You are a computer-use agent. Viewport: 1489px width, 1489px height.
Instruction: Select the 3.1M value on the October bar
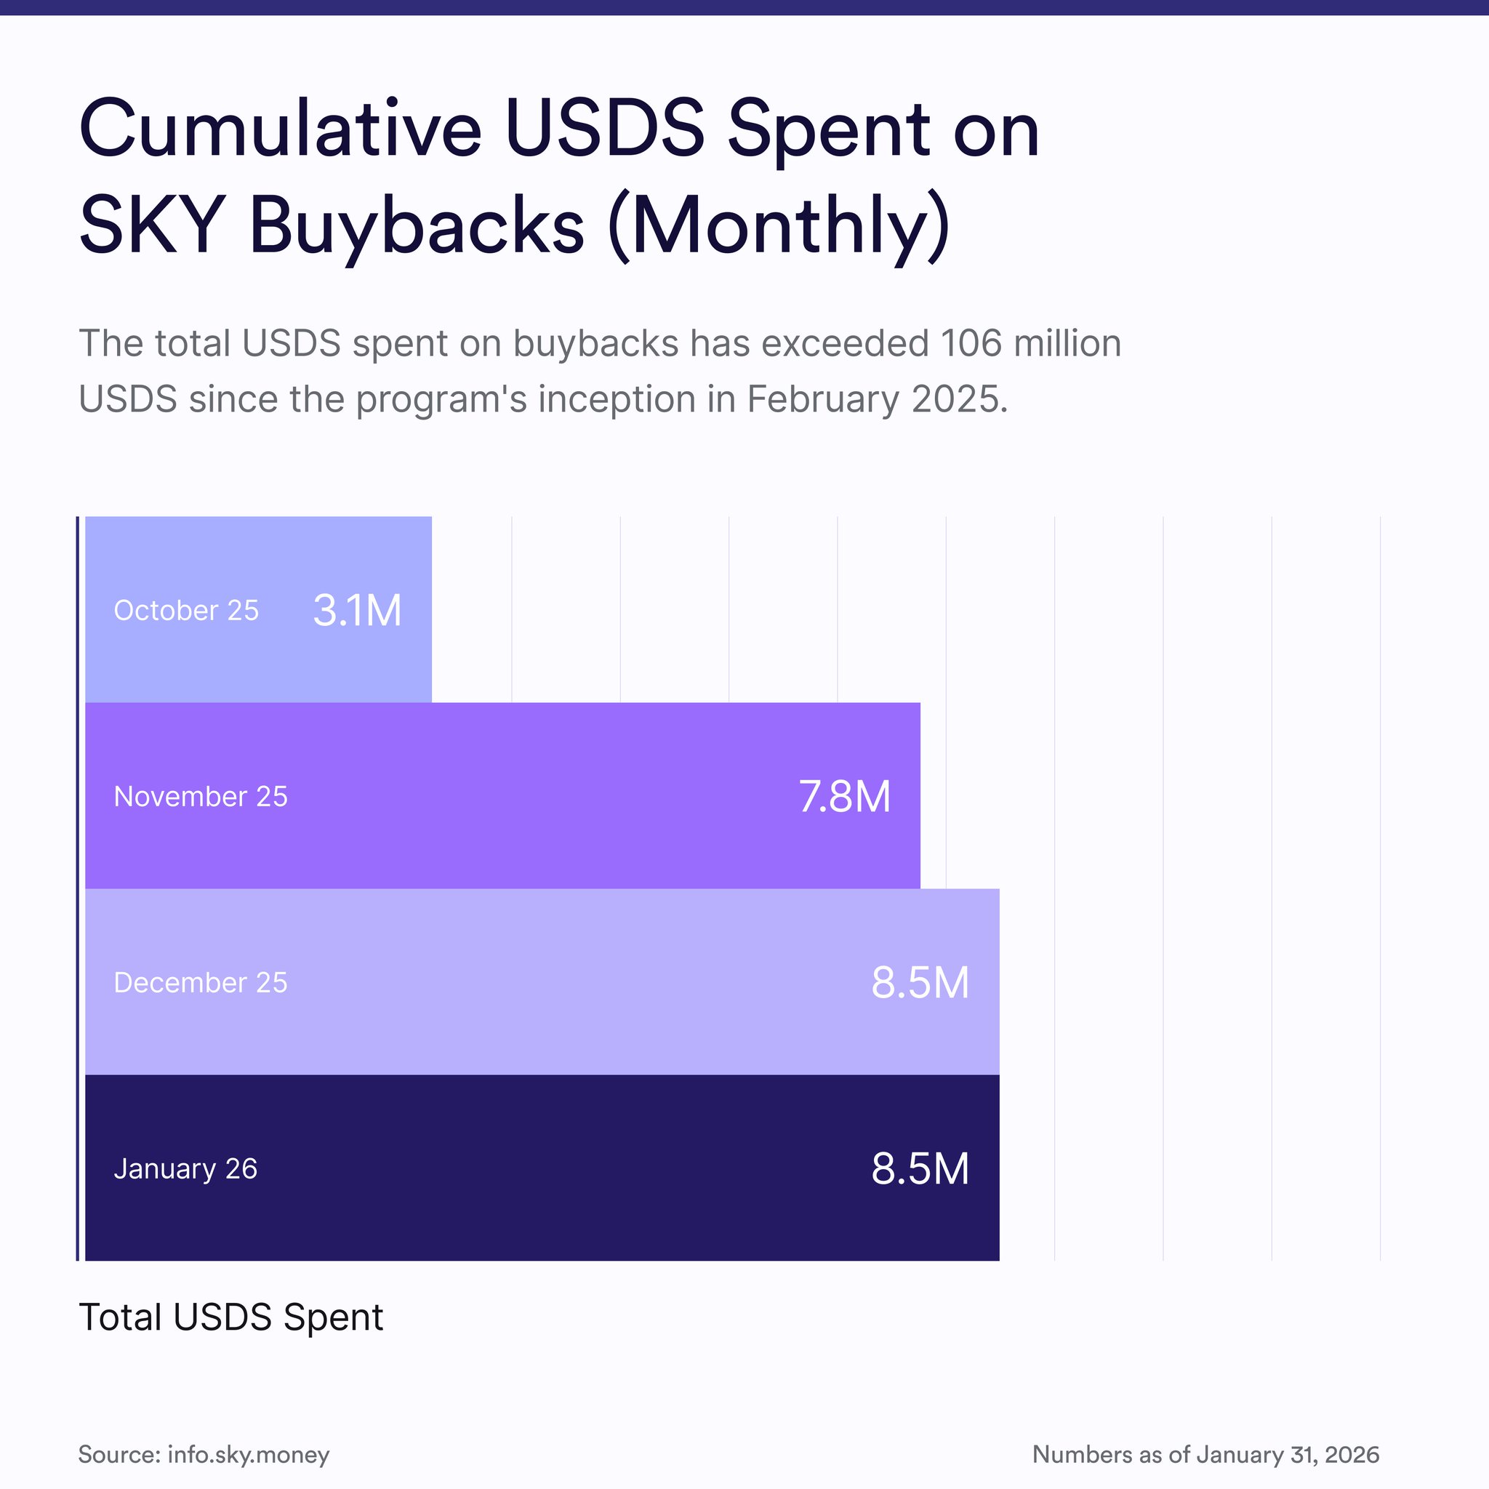357,611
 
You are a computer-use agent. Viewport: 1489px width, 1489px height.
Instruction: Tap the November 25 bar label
201,796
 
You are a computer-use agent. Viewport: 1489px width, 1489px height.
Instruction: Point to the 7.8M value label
844,796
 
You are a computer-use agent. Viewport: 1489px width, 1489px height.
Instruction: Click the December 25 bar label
201,983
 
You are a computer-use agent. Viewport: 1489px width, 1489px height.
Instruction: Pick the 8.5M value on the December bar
920,983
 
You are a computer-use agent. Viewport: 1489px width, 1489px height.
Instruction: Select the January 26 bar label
185,1168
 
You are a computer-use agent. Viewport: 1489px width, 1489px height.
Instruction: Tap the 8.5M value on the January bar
920,1168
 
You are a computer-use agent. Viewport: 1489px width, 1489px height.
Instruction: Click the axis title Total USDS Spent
231,1317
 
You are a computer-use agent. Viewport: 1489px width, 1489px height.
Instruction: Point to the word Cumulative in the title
281,129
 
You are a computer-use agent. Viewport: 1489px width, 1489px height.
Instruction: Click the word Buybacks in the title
417,226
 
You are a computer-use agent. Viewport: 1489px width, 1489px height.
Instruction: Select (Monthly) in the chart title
779,226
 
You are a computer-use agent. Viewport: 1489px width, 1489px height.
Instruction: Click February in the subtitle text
822,399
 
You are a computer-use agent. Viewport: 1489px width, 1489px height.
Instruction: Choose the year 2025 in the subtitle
959,399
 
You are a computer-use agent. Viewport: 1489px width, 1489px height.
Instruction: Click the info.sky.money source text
248,1454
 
